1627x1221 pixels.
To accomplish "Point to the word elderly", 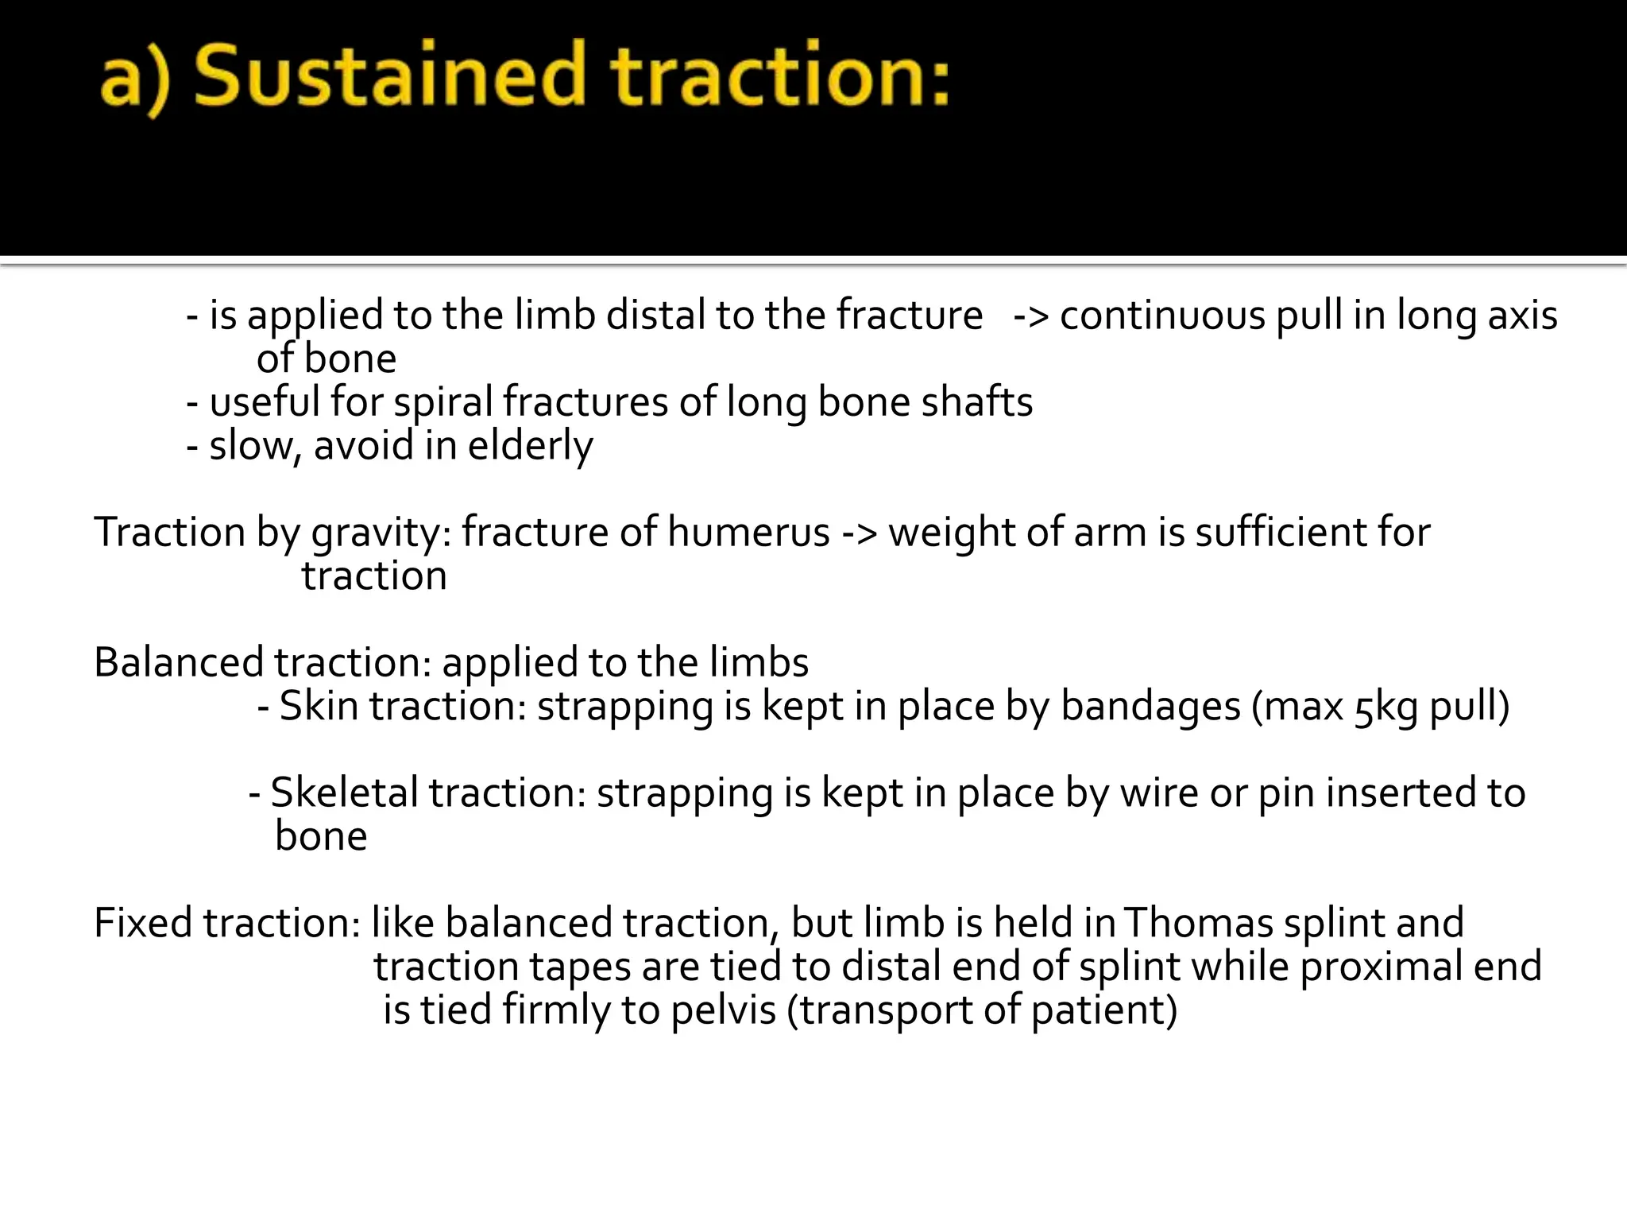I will [530, 446].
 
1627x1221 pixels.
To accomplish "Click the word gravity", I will [381, 533].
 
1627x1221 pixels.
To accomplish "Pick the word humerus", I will [748, 533].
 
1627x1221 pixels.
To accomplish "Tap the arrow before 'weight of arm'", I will [859, 533].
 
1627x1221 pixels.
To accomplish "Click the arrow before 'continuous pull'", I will [1031, 316].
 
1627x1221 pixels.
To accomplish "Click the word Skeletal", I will [344, 793].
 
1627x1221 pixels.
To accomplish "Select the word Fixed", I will [143, 924].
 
